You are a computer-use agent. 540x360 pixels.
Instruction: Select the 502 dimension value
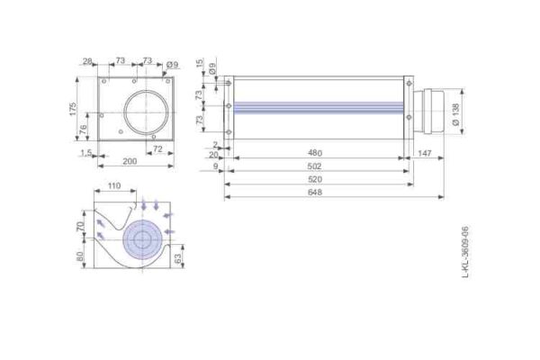[315, 166]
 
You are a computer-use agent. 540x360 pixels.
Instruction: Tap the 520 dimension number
[315, 179]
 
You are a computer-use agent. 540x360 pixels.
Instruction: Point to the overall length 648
[315, 193]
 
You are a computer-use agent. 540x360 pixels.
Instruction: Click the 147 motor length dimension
[425, 153]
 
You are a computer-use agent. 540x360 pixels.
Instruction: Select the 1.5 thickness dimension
[85, 153]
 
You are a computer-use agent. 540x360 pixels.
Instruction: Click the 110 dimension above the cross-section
[114, 185]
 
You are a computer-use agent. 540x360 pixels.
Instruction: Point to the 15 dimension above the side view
[212, 62]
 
